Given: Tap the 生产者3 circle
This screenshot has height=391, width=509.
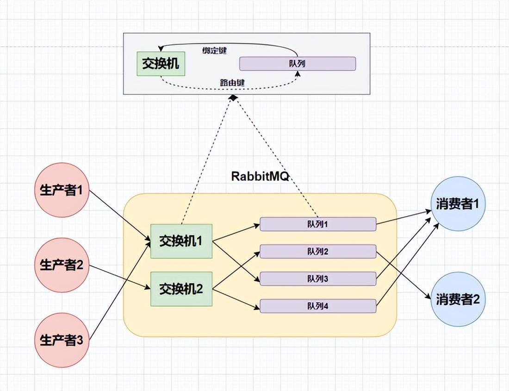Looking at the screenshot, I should tap(61, 341).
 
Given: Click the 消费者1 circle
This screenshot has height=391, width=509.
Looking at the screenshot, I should tap(458, 204).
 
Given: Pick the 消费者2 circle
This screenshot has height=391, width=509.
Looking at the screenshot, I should tap(458, 299).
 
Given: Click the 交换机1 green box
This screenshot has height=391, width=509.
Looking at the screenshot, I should tap(181, 241).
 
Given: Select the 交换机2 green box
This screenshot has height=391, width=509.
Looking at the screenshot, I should tap(181, 289).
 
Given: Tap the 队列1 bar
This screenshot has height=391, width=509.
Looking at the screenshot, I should tap(317, 224).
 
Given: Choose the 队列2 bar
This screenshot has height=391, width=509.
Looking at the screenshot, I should tap(317, 251).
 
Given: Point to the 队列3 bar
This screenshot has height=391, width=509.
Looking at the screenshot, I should tap(317, 279).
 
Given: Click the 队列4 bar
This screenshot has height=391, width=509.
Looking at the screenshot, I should tap(317, 305).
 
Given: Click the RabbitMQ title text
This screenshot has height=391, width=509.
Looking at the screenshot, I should tap(260, 176).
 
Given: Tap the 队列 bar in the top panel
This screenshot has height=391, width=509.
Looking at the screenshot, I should tap(297, 64).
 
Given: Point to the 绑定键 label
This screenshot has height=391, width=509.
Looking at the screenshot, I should tap(215, 50).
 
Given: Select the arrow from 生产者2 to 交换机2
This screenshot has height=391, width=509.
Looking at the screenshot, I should tap(120, 278).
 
